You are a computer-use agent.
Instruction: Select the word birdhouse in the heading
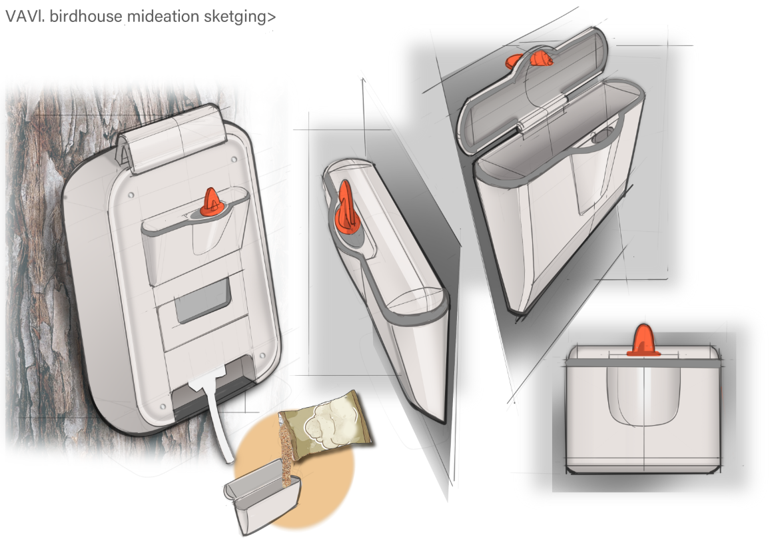click(x=86, y=16)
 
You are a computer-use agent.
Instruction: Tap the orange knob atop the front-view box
click(x=643, y=340)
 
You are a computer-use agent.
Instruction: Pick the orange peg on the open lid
click(x=530, y=59)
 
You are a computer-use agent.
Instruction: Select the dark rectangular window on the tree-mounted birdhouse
click(x=203, y=300)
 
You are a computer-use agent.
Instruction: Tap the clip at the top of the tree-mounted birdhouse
click(x=172, y=139)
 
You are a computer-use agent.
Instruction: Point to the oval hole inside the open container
click(x=603, y=136)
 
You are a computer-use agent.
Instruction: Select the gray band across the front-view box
click(x=644, y=363)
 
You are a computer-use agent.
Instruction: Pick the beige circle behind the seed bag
click(x=294, y=472)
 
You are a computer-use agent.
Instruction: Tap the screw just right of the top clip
click(x=234, y=160)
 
